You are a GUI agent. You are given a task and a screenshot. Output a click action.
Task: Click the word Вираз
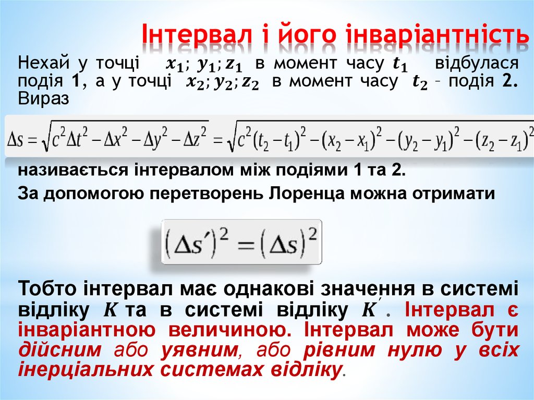[43, 99]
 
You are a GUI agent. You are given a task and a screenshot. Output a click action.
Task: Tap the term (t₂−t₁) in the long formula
[278, 139]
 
